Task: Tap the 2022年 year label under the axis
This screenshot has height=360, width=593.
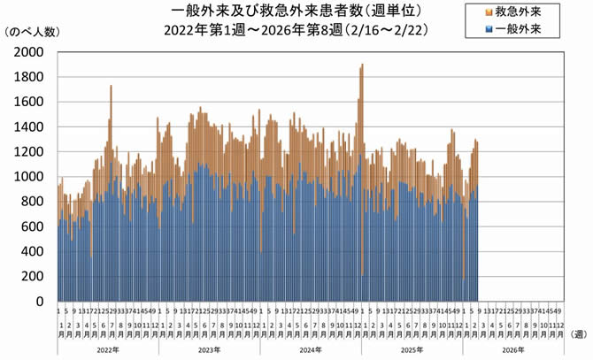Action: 107,350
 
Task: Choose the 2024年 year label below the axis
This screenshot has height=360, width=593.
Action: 310,350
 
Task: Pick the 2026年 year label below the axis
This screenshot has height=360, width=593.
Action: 513,350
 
